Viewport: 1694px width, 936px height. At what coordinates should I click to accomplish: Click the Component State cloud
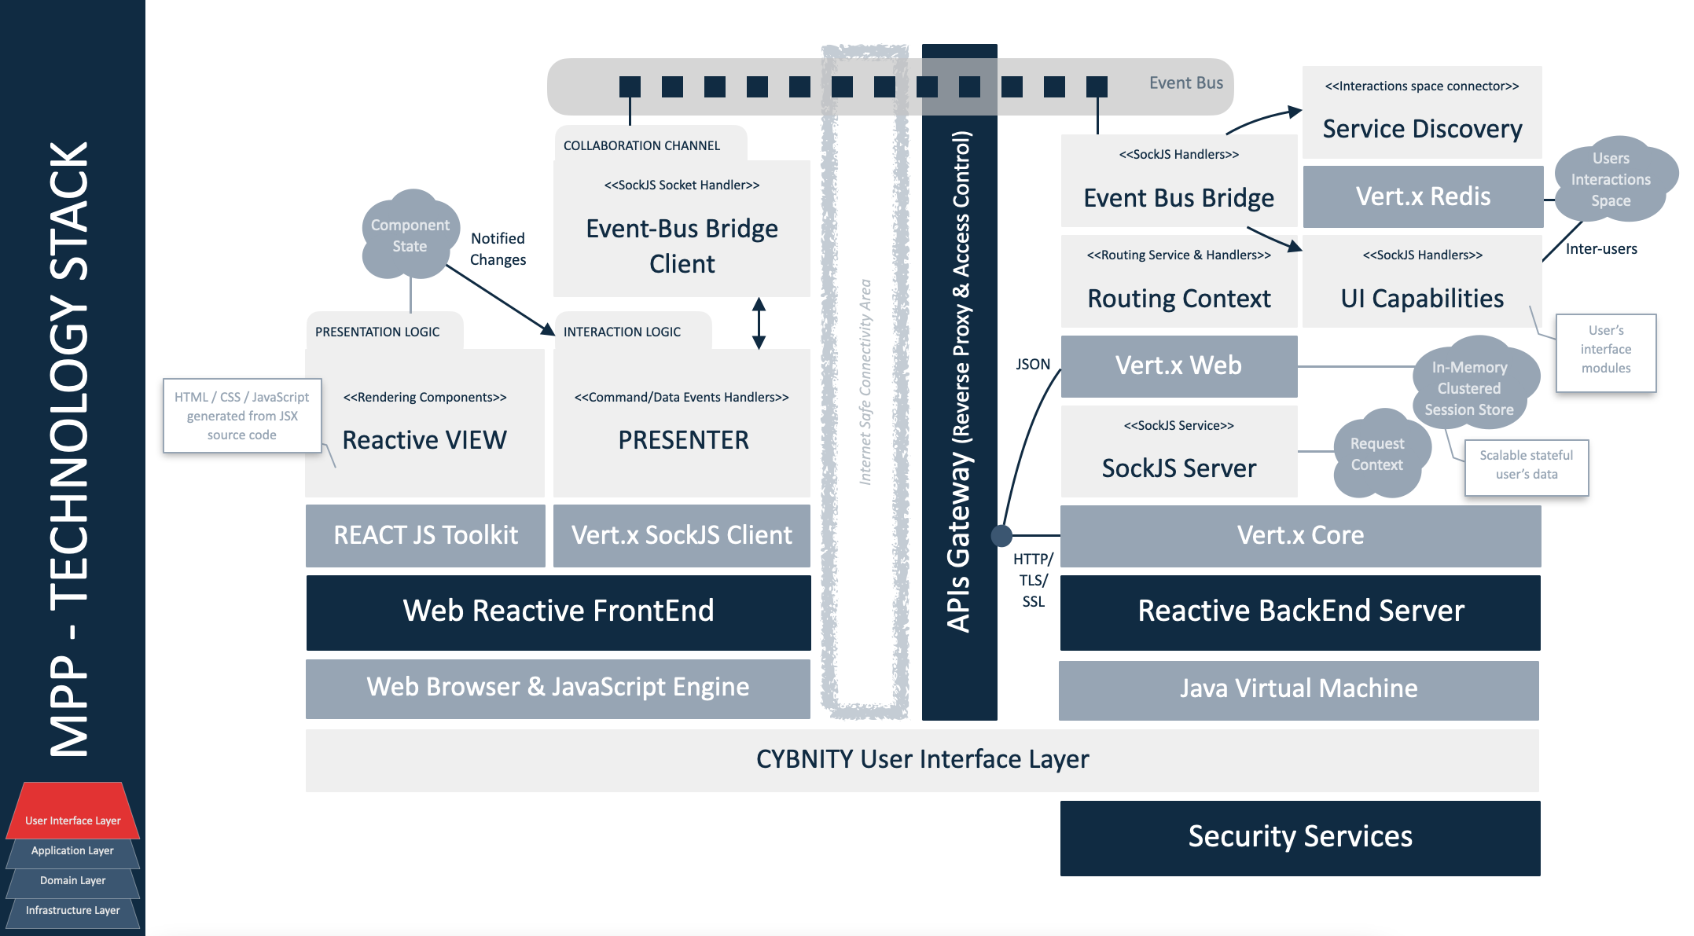point(410,236)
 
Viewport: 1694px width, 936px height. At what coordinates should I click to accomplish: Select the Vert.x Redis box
point(1423,196)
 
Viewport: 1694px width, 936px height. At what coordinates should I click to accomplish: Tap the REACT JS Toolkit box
point(425,535)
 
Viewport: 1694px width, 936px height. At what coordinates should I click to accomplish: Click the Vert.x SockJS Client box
point(682,535)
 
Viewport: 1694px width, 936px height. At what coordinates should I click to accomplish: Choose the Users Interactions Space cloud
point(1611,180)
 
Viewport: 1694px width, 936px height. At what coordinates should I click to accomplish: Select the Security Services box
point(1300,837)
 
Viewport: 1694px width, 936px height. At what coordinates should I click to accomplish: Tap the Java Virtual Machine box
point(1299,689)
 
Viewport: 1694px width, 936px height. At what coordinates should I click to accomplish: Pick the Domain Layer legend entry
point(73,881)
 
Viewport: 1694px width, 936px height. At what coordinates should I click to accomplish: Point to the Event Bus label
point(1185,83)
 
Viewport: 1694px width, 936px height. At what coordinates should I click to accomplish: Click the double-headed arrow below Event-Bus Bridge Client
point(759,323)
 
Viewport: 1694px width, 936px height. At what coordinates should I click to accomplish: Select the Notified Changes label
point(498,249)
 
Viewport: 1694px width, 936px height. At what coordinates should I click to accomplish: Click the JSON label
point(1032,365)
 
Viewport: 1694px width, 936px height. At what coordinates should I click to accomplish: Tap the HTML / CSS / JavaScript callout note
point(241,416)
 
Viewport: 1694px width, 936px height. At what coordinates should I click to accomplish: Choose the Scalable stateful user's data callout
point(1526,465)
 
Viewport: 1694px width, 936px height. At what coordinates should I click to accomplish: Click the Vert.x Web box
point(1178,366)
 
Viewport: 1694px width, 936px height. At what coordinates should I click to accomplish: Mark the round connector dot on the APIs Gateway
point(1001,536)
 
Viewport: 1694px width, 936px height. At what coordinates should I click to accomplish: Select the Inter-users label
point(1600,249)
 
